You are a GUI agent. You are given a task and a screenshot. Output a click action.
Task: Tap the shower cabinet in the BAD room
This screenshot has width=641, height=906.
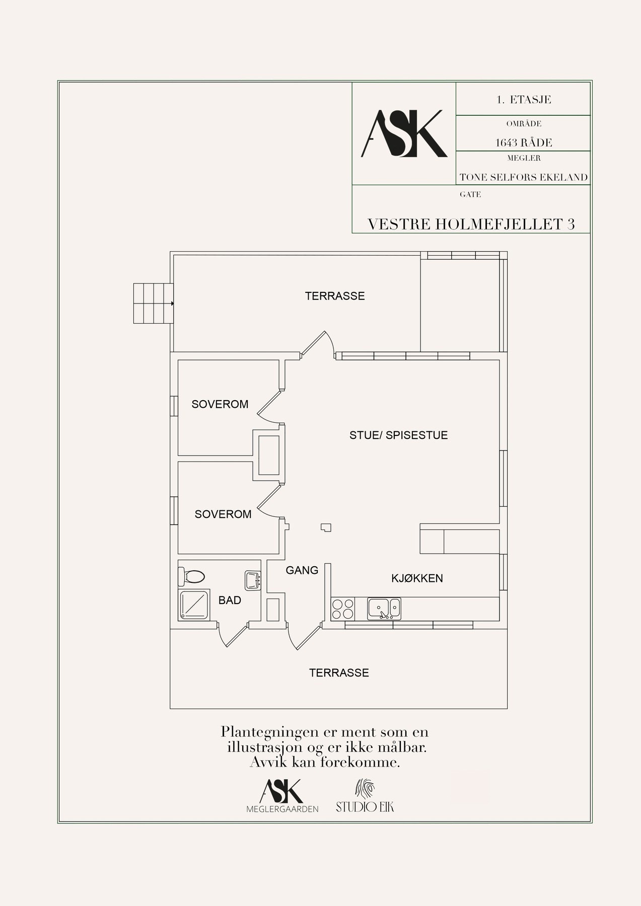pos(194,605)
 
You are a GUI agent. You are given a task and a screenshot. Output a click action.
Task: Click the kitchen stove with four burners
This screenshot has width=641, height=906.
pos(342,609)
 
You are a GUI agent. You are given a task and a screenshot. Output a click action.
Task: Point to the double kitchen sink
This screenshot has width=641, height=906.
pos(384,609)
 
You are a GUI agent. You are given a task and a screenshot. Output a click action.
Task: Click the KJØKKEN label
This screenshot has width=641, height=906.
pos(417,578)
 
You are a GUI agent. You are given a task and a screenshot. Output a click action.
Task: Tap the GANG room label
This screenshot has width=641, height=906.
pos(302,570)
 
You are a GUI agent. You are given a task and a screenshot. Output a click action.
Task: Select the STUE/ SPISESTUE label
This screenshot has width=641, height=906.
pos(399,435)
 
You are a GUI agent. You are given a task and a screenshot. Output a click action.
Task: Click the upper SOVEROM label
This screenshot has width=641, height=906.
pos(220,404)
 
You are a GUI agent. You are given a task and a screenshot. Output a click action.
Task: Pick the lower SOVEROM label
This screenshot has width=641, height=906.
pos(223,514)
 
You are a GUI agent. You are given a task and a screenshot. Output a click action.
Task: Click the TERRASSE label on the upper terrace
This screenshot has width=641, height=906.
pos(335,296)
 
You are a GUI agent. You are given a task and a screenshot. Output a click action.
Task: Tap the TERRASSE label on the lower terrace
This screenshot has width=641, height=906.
pos(339,673)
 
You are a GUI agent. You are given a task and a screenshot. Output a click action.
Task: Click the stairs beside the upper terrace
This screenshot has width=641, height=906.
pos(153,304)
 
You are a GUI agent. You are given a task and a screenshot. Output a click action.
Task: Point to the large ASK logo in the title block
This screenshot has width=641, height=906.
pos(404,133)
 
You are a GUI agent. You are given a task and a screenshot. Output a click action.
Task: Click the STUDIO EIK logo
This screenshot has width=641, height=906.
pos(365,796)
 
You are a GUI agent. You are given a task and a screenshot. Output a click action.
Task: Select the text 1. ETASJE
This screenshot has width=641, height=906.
pos(524,100)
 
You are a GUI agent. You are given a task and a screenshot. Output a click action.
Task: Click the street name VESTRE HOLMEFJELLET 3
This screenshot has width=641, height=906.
pos(471,224)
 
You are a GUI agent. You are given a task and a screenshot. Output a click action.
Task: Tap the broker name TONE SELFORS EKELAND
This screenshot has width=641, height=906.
pos(524,177)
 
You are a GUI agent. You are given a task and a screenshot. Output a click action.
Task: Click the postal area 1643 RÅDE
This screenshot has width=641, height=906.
pos(524,143)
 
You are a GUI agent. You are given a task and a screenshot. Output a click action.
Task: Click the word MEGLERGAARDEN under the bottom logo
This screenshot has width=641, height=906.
pos(282,809)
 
